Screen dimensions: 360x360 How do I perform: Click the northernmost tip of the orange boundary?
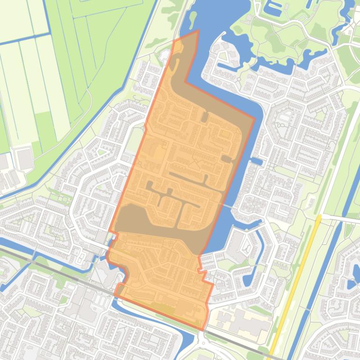[198, 31]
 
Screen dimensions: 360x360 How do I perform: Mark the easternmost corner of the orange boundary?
[255, 118]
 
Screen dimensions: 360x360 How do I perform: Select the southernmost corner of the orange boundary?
[202, 330]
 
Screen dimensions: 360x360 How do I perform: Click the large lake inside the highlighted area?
[154, 224]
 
